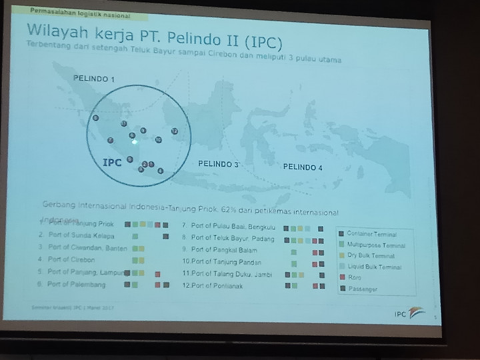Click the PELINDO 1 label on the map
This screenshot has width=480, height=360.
tap(94, 79)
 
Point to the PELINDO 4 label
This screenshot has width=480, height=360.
tap(302, 167)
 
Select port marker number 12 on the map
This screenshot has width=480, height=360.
tap(175, 131)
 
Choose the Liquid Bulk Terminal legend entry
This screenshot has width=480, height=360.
tap(376, 267)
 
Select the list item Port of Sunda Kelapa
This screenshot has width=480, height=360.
tap(81, 236)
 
